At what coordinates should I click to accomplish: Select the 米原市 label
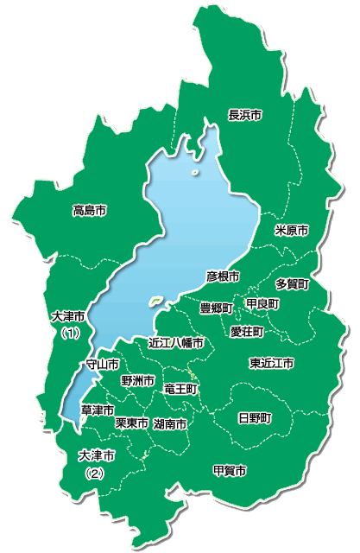click(291, 231)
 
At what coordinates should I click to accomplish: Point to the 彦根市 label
click(223, 276)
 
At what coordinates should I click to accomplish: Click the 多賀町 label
click(293, 283)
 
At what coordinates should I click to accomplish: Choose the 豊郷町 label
click(216, 308)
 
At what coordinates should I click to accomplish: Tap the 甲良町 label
click(262, 304)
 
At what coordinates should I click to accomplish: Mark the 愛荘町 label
click(247, 331)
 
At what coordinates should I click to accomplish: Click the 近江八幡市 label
click(176, 343)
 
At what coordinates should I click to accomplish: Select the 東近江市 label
click(271, 362)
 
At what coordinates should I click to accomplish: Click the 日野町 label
click(255, 417)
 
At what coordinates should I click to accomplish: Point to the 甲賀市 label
click(230, 471)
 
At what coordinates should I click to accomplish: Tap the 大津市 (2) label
click(96, 463)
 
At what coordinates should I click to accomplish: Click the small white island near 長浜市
click(197, 173)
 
